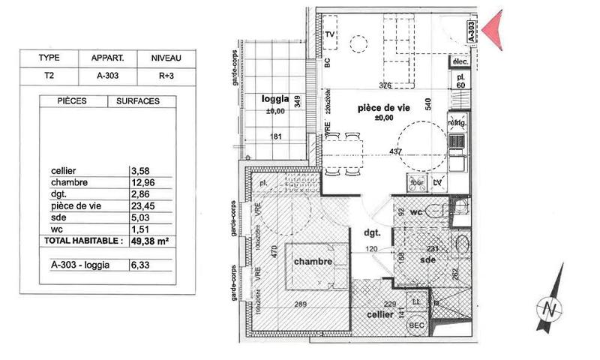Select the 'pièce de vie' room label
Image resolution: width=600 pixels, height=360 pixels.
tap(383, 108)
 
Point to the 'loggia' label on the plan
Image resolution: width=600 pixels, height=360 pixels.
tap(274, 100)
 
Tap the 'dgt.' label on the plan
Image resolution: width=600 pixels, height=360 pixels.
tap(372, 232)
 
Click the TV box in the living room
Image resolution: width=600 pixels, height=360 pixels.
tap(330, 34)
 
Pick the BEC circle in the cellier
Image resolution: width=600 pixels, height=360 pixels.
tap(413, 325)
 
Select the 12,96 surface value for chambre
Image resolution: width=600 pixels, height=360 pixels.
tap(143, 182)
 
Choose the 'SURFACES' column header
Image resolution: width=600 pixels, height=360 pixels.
tap(137, 100)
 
